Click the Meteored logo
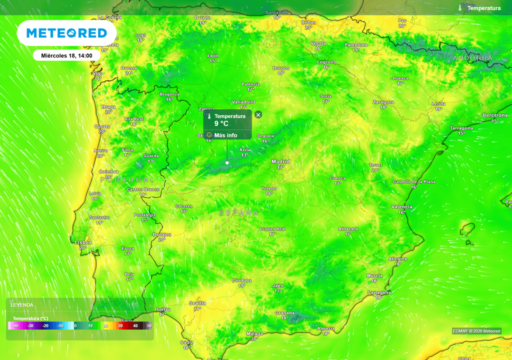click(66, 33)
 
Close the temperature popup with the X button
click(258, 114)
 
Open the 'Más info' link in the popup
click(225, 135)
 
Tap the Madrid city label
click(280, 161)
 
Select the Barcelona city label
click(495, 115)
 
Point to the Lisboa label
click(83, 242)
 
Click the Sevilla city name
click(197, 303)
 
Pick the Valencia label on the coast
click(402, 206)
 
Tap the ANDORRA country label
click(472, 58)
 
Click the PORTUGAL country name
click(127, 179)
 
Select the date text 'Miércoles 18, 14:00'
click(66, 55)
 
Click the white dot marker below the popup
click(227, 162)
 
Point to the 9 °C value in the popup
click(221, 123)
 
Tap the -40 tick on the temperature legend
click(15, 326)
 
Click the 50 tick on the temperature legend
click(149, 326)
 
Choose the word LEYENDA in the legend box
click(22, 304)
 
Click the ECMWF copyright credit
click(476, 331)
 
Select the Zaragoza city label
click(383, 102)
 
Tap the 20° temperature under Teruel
click(375, 170)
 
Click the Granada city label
click(284, 313)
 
